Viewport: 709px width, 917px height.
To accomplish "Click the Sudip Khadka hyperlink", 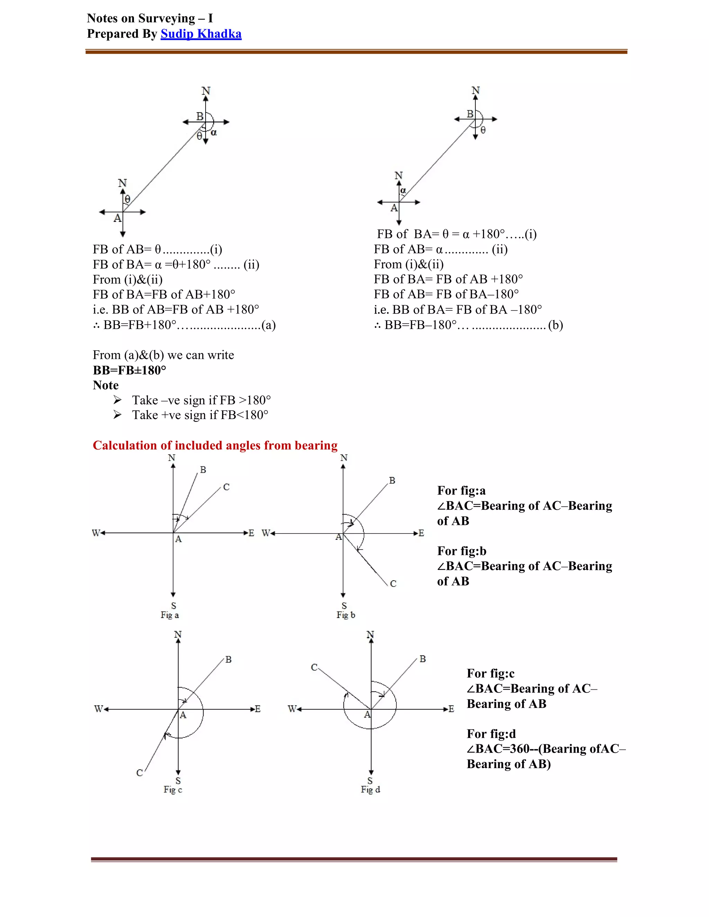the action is pos(201,34).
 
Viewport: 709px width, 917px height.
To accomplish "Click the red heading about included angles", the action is pos(215,445).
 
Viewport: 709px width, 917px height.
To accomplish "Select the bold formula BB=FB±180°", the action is pos(129,370).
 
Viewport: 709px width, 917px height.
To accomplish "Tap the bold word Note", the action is pos(106,385).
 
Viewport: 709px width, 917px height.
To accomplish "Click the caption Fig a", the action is pos(170,615).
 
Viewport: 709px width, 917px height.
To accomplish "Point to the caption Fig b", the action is pos(346,615).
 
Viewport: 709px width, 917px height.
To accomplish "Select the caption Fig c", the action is pos(173,790).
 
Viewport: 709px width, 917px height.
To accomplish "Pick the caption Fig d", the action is pos(370,789).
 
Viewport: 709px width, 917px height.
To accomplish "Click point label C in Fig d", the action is pos(314,668).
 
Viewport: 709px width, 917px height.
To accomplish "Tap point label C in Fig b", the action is pos(393,584).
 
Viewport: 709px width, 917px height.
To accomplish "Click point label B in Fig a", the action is pos(203,470).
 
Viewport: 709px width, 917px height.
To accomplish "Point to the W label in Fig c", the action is pos(98,709).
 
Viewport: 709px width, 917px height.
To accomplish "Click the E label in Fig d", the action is pos(451,709).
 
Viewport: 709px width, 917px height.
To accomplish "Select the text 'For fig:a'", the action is pos(461,491).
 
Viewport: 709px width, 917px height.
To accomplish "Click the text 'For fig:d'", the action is pos(491,734).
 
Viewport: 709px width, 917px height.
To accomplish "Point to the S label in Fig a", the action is pos(173,606).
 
